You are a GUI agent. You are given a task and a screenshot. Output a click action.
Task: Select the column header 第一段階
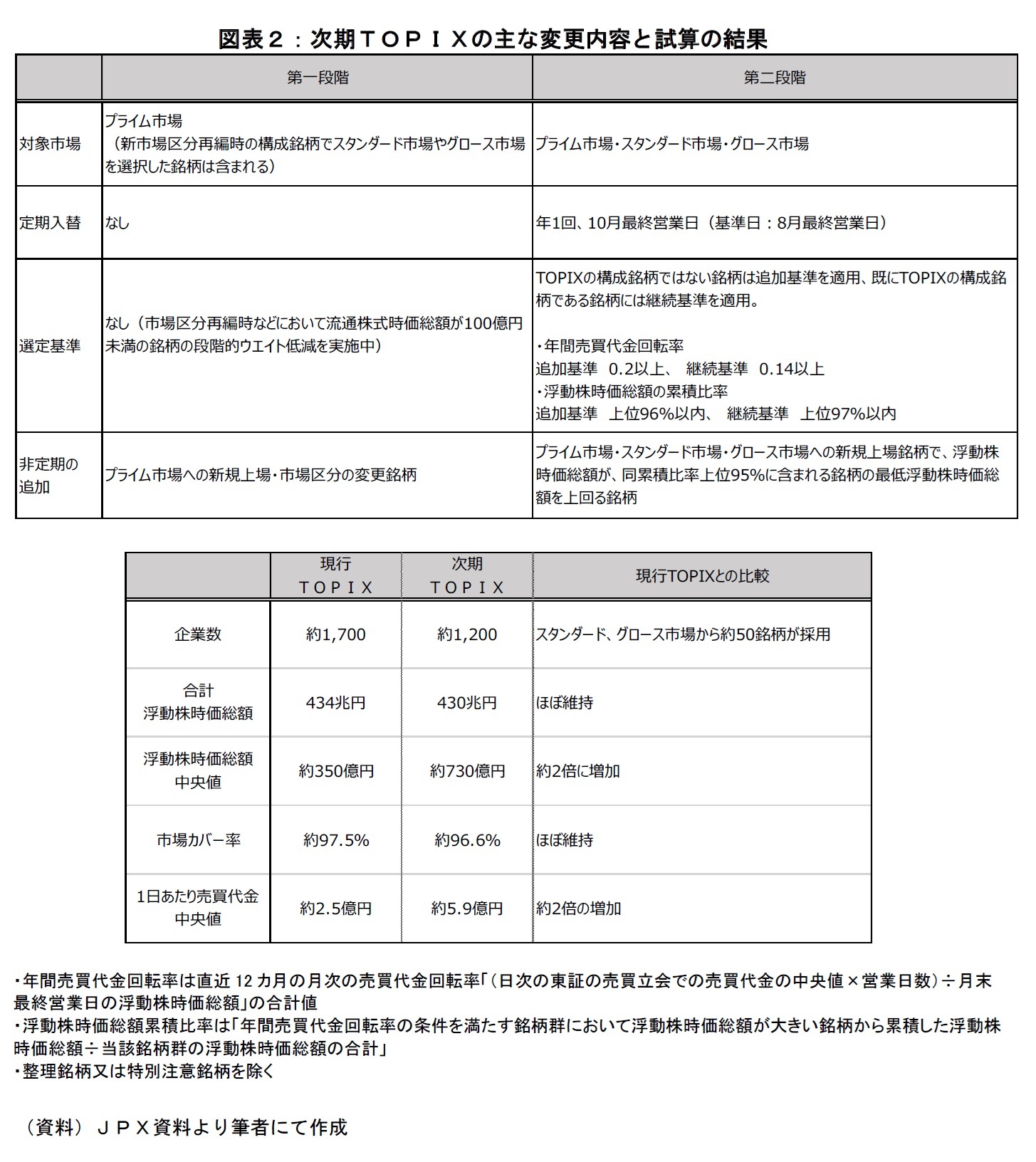(x=318, y=78)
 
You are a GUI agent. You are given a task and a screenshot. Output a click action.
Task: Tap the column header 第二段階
(x=774, y=78)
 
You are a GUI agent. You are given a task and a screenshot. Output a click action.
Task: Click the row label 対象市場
(x=50, y=144)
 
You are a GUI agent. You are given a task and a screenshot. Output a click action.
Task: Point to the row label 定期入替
(x=50, y=223)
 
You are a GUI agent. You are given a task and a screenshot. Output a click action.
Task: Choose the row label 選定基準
(x=50, y=346)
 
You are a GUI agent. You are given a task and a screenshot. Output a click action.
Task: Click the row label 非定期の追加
(x=48, y=475)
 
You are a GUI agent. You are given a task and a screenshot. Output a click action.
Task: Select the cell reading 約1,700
(x=335, y=634)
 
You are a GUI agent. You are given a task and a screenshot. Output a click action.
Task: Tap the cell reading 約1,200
(x=467, y=634)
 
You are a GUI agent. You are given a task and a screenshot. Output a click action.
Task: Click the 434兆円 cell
(x=335, y=703)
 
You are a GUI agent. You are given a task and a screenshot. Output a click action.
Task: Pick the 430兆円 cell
(x=467, y=703)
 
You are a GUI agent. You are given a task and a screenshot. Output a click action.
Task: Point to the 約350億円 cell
(x=335, y=771)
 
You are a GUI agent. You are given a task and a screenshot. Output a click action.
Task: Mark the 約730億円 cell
(x=467, y=771)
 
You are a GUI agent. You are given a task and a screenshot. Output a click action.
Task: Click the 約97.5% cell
(x=335, y=840)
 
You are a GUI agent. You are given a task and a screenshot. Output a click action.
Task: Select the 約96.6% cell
(x=467, y=840)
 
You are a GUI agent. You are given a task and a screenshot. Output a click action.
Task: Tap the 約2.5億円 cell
(x=335, y=909)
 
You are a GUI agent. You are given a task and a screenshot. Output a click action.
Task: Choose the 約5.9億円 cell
(x=467, y=909)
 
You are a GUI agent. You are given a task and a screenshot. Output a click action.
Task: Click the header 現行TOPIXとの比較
(x=702, y=575)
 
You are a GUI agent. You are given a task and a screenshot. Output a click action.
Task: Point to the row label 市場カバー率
(x=198, y=840)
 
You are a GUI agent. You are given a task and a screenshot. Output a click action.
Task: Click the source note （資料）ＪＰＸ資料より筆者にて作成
(x=185, y=1127)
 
